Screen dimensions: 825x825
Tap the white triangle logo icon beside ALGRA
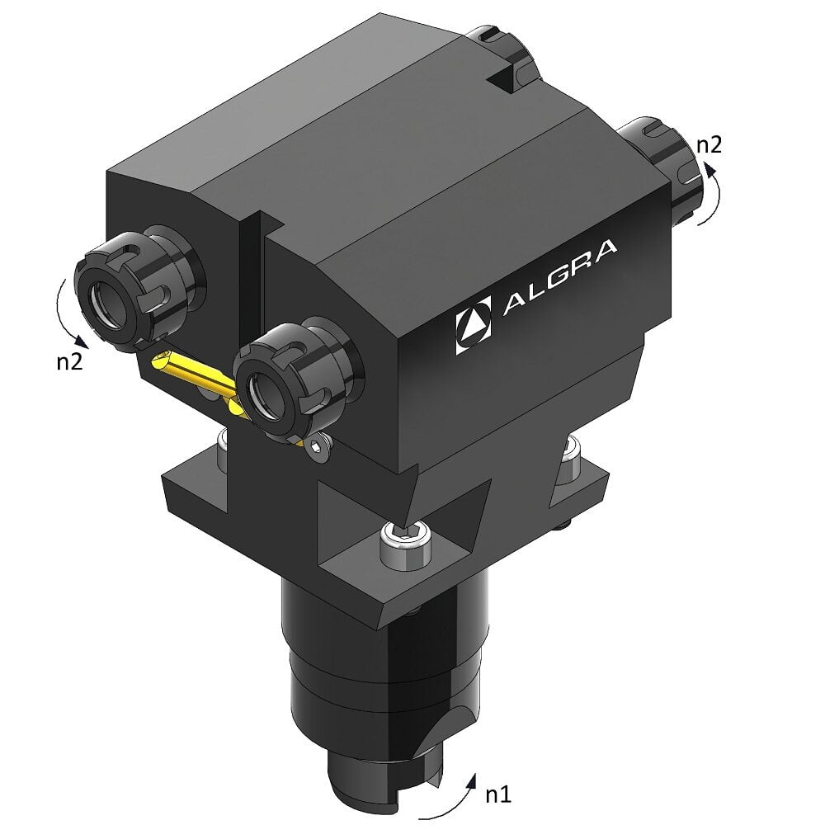pyautogui.click(x=474, y=327)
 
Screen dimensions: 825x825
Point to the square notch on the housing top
pyautogui.click(x=501, y=80)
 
